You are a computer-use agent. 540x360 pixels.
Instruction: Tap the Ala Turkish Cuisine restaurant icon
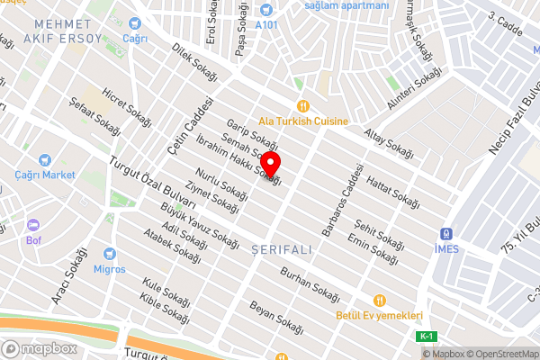pos(303,105)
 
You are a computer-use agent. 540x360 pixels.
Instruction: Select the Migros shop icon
pos(110,254)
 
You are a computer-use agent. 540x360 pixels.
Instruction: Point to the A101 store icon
pos(265,11)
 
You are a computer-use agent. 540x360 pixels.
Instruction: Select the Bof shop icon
pos(33,225)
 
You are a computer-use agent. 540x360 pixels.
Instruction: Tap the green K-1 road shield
pos(427,336)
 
